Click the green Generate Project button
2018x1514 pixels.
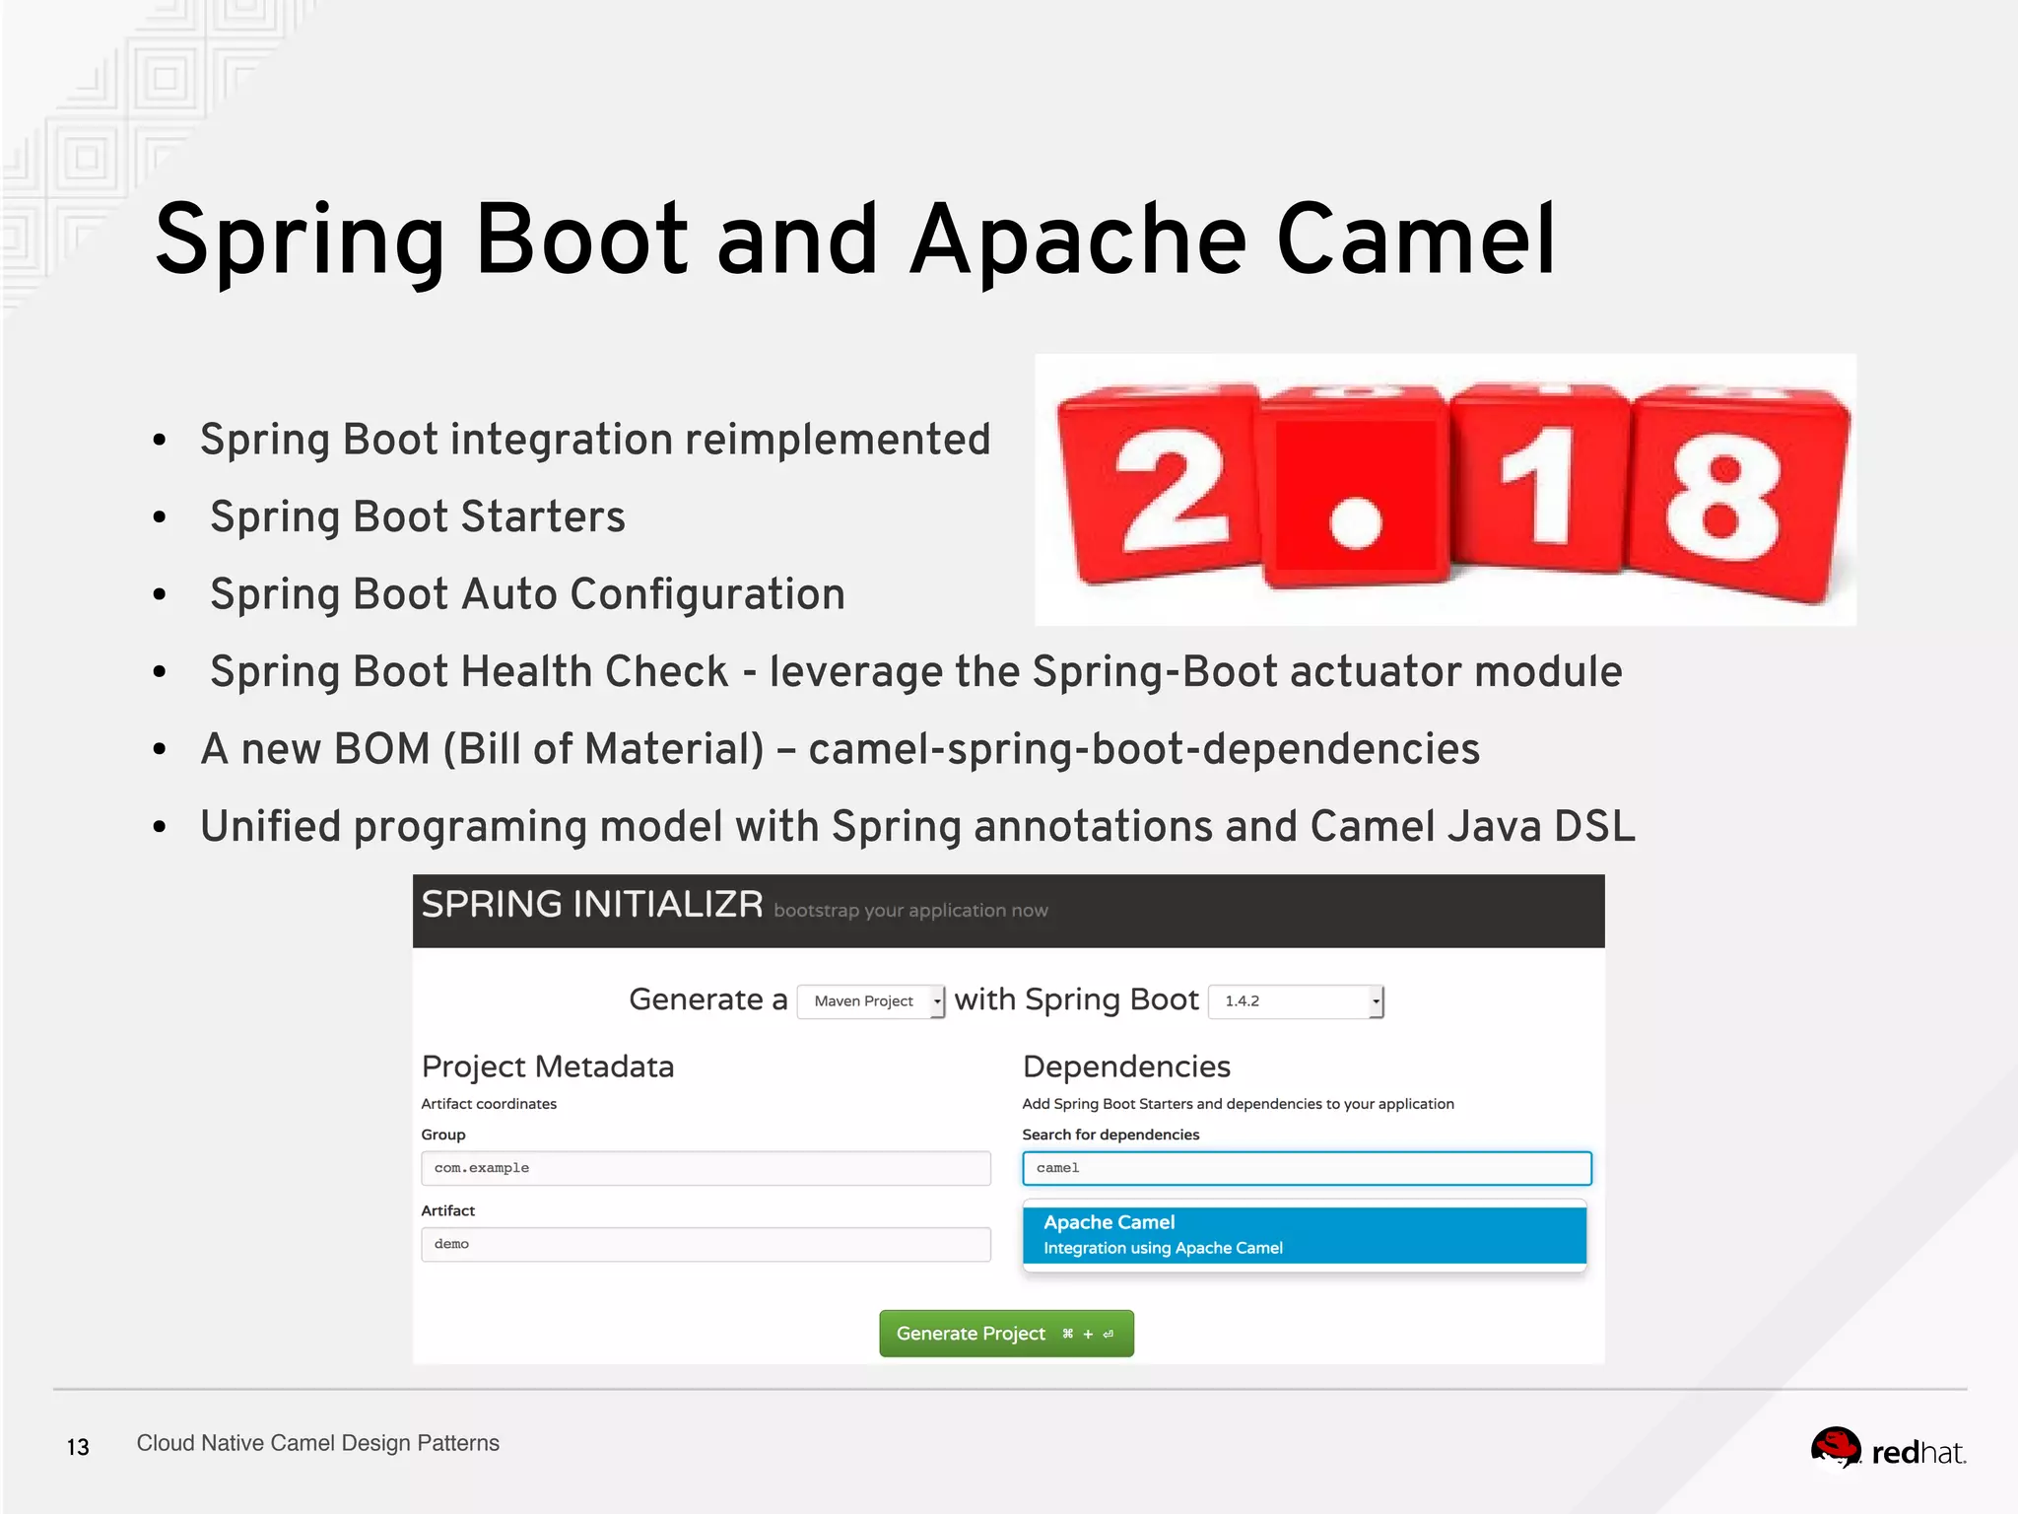point(1005,1334)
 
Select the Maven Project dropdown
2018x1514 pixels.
point(870,1001)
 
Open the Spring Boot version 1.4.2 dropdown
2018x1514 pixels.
point(1295,1001)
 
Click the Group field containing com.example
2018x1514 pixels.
point(706,1168)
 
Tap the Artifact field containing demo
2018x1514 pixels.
point(706,1244)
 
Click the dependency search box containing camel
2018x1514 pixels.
point(1307,1168)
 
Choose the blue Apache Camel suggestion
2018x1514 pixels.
point(1304,1235)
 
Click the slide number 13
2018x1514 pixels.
point(78,1447)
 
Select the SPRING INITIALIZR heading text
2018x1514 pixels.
point(592,905)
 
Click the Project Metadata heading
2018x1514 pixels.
point(548,1067)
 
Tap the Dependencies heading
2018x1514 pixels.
point(1126,1067)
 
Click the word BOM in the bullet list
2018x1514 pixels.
point(382,749)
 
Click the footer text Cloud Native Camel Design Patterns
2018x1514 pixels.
point(317,1443)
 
